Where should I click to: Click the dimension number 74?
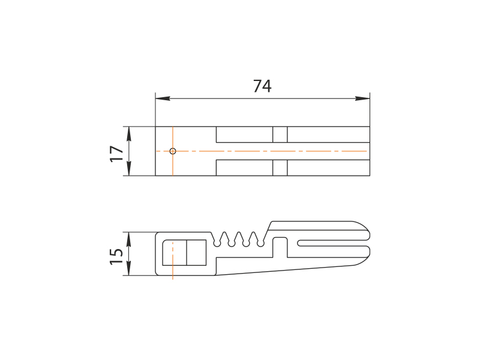262,86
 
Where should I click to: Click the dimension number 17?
116,154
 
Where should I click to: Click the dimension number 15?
116,256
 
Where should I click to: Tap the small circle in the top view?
173,151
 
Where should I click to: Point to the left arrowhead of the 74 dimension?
163,98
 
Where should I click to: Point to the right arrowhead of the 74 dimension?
362,98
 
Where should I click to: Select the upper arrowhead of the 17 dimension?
128,134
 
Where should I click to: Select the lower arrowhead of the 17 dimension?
128,169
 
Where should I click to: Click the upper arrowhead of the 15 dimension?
128,239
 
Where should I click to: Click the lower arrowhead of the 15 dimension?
128,268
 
